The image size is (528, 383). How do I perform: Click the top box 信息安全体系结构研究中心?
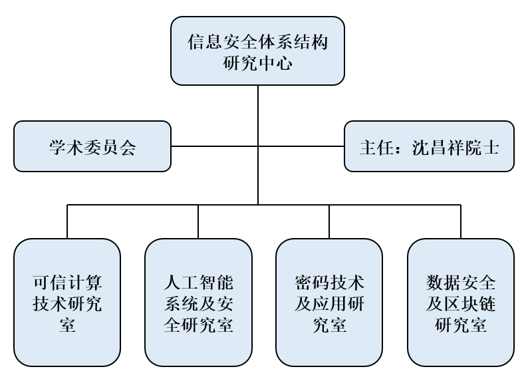(x=258, y=52)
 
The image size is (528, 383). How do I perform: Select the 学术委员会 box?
(x=92, y=146)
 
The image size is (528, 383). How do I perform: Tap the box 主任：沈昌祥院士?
(x=429, y=146)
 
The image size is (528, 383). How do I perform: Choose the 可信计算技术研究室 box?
(x=67, y=303)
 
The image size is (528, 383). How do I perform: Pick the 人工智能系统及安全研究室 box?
(x=198, y=303)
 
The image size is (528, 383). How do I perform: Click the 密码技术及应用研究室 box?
(x=329, y=303)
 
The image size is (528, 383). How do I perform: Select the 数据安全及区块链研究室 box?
(x=461, y=303)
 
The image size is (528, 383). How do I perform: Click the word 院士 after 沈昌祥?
(x=483, y=147)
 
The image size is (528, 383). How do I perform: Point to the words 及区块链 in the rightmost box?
(x=461, y=303)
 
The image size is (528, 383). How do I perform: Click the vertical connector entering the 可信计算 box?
(x=67, y=221)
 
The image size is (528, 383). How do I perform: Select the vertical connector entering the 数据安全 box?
(x=461, y=221)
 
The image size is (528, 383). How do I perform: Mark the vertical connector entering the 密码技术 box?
(x=329, y=221)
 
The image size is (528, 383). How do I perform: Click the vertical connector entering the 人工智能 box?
(x=198, y=221)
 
